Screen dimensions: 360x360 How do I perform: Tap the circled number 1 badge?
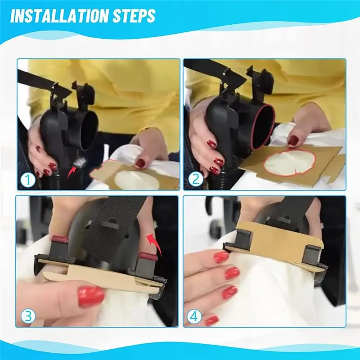coord(28,180)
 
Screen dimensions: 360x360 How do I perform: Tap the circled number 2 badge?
coord(195,179)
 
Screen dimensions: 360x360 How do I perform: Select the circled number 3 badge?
coord(28,316)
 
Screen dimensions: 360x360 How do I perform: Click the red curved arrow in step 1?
coord(72,172)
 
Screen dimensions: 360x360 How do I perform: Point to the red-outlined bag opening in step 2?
coord(290,163)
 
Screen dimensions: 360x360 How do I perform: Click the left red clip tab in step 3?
coord(60,239)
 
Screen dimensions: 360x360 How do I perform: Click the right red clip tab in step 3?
coord(148,256)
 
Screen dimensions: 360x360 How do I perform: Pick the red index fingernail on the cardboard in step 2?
coord(293,140)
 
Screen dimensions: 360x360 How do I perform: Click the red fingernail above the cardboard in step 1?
coord(139,163)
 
